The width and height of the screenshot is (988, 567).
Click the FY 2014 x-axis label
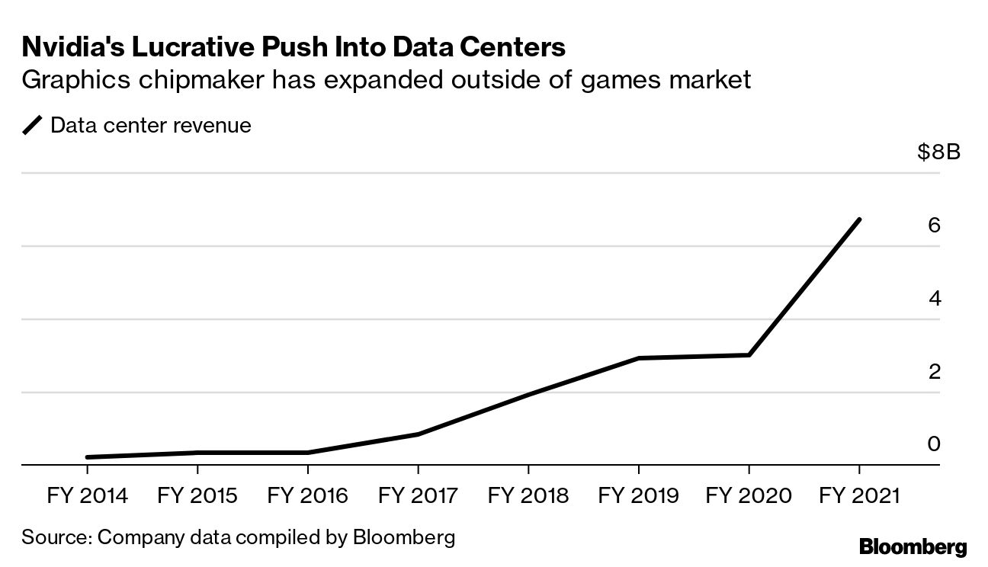coord(88,496)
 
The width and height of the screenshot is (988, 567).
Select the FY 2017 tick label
coord(419,496)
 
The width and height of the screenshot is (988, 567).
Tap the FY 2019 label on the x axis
coord(639,496)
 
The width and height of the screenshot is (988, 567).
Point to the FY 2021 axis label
coord(859,496)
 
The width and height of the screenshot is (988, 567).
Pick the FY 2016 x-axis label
coord(308,496)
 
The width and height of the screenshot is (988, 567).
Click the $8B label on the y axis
coord(938,152)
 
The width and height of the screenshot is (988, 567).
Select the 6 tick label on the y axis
coord(935,226)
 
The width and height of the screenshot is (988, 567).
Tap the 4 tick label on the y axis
coord(935,298)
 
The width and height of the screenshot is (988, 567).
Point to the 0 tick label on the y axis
coord(935,444)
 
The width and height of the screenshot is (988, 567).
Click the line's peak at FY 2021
coord(859,219)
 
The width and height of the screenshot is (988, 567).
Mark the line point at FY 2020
coord(749,355)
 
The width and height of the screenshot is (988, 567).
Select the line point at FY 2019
coord(639,358)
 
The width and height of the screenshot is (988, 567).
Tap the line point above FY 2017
coord(419,434)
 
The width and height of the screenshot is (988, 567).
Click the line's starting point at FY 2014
coord(88,457)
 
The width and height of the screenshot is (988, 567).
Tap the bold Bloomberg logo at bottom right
coord(913,546)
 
